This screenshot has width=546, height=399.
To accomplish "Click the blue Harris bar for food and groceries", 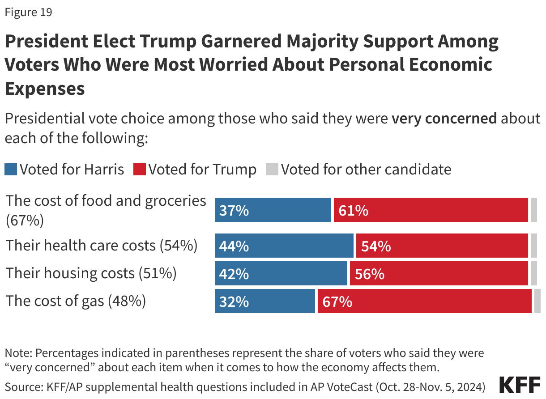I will point(273,210).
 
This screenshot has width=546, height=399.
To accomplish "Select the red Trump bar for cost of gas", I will point(424,301).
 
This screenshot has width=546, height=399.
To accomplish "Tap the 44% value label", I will point(234,246).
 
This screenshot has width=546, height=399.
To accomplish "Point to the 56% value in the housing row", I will point(369,274).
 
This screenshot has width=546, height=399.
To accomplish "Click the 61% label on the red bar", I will point(353,210).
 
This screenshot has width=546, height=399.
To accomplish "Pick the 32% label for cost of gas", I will point(234,302).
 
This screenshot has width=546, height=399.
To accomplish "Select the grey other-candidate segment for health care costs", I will point(533,246).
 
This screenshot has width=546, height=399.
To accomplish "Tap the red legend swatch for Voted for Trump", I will point(140,170).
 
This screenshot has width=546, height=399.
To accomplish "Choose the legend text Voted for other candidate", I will point(366,170).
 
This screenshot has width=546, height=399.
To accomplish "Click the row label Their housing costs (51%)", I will point(91,273).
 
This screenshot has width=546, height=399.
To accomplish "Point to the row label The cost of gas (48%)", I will point(76,301).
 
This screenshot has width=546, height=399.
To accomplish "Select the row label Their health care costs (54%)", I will point(102,246).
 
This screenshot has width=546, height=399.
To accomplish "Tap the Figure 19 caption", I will point(28,12).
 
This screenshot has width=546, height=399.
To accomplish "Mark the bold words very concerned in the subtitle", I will point(444,119).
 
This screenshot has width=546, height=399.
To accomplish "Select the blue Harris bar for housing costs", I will point(281,274).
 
